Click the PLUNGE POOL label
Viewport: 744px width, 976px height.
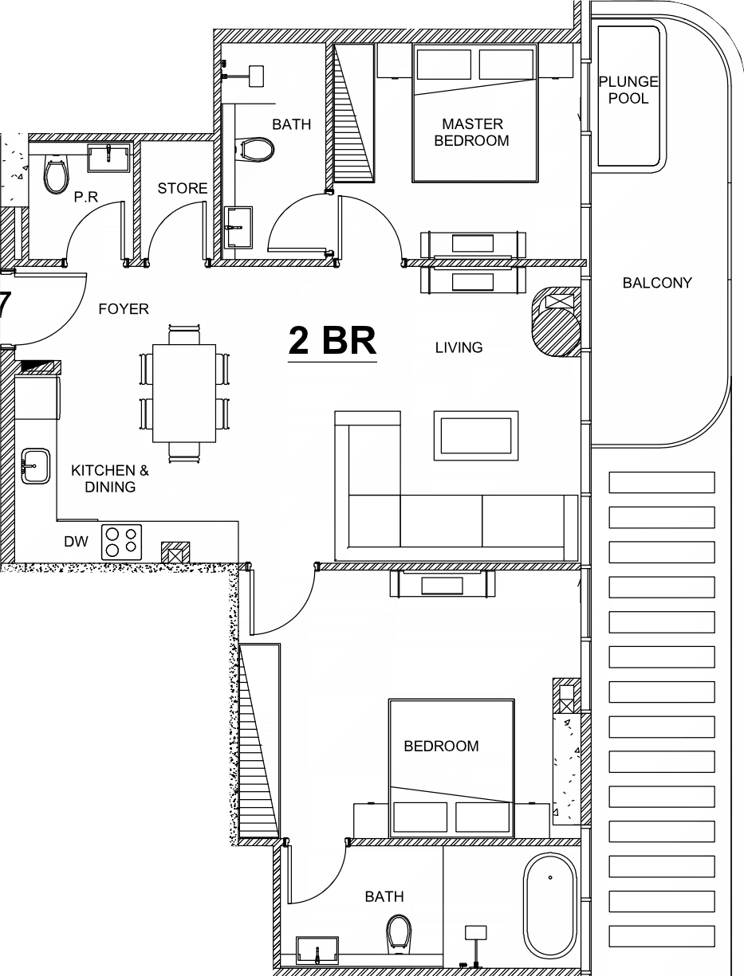[x=628, y=90]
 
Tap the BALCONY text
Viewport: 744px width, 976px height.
[x=657, y=283]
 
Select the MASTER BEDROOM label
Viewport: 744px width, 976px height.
[x=472, y=132]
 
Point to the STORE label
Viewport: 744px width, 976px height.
[x=183, y=189]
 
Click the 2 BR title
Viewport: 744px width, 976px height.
[x=333, y=340]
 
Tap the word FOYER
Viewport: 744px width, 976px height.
[x=124, y=308]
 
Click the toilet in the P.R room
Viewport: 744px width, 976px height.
[x=57, y=174]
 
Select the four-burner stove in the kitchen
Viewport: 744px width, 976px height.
[x=121, y=542]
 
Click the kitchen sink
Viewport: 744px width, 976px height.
[x=36, y=465]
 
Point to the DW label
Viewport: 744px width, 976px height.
[x=76, y=542]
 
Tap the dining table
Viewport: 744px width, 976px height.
[x=184, y=393]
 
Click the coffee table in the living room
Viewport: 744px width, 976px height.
[x=476, y=435]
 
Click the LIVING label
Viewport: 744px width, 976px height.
[x=459, y=347]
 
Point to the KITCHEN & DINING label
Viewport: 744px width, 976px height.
[x=110, y=479]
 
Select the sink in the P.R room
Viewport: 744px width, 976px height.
[x=108, y=158]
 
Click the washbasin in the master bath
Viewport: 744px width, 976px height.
[x=238, y=227]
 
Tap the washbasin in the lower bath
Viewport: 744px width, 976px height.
[x=317, y=951]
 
